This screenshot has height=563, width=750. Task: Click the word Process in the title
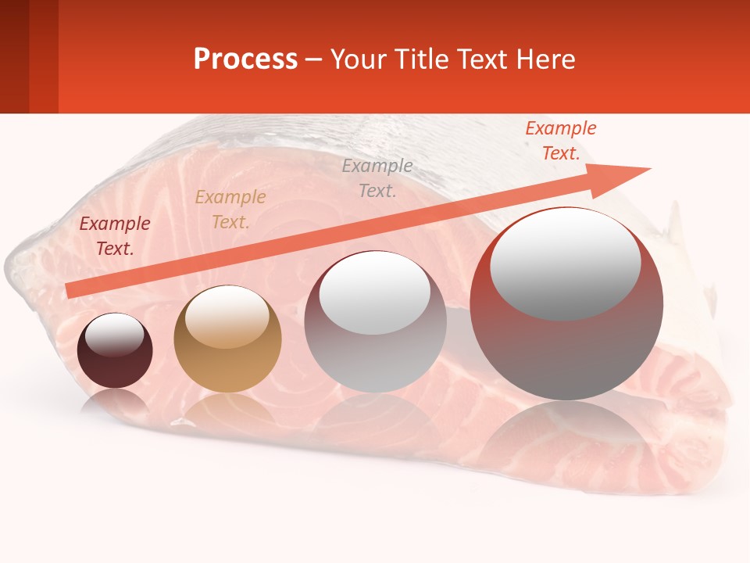pyautogui.click(x=245, y=59)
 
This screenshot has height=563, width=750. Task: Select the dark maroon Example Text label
pyautogui.click(x=115, y=236)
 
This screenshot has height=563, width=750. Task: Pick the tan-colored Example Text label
pyautogui.click(x=230, y=210)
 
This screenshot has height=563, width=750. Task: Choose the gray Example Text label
pyautogui.click(x=377, y=178)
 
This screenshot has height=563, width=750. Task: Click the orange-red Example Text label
pyautogui.click(x=560, y=141)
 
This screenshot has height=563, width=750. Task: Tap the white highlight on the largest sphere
pyautogui.click(x=565, y=264)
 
